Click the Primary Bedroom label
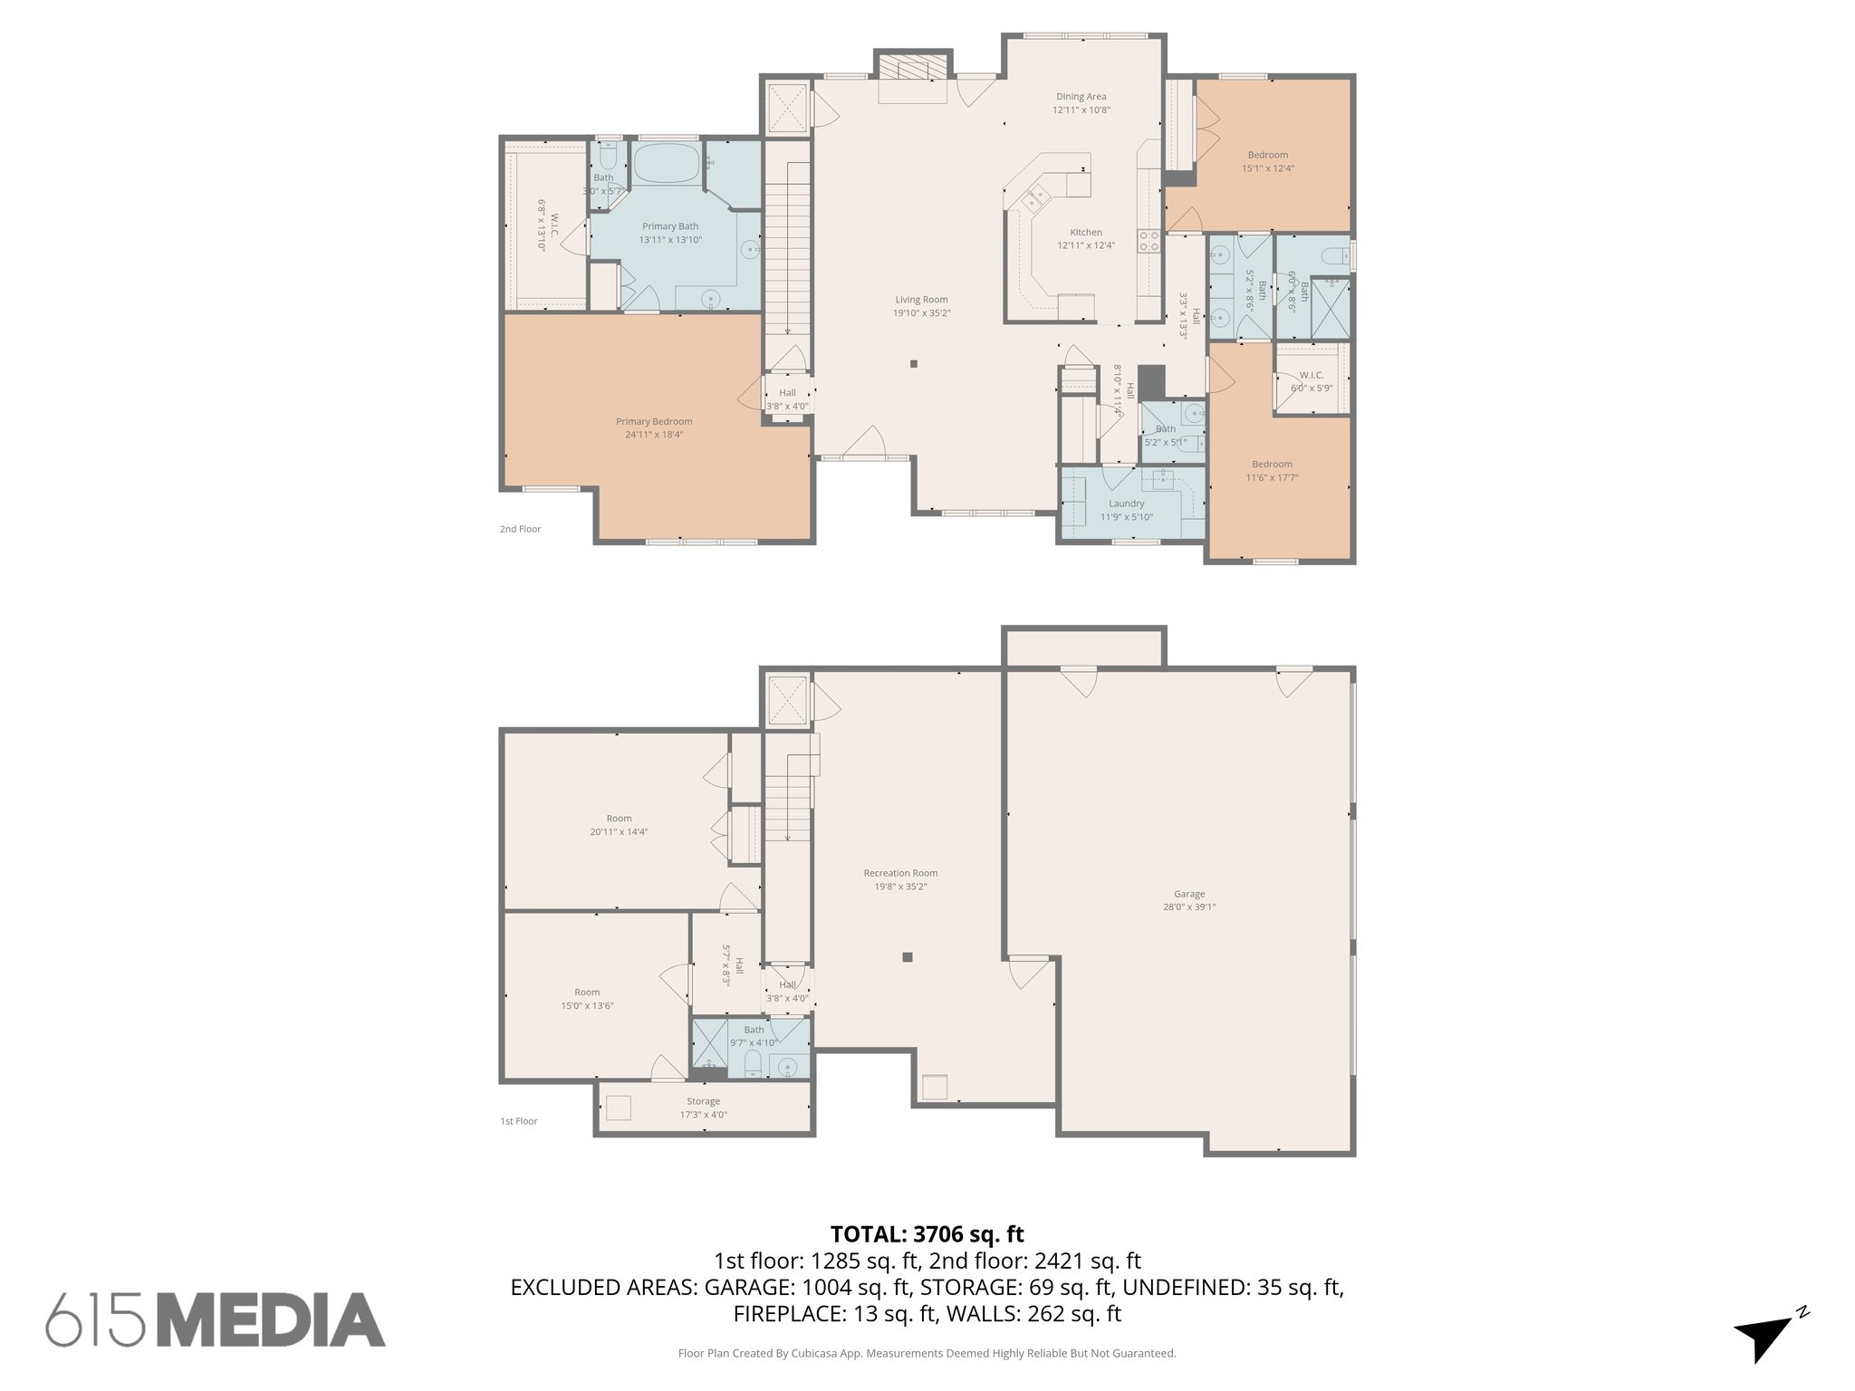click(x=654, y=421)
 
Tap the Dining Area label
click(x=1081, y=97)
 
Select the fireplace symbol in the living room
click(x=913, y=68)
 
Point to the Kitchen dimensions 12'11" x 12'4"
click(x=1086, y=245)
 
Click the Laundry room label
click(x=1126, y=504)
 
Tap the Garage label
click(x=1189, y=894)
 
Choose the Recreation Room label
click(x=900, y=873)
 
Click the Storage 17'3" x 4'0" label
click(x=703, y=1108)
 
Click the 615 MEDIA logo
click(x=216, y=1319)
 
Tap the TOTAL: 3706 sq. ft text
click(x=927, y=1233)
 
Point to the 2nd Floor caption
click(x=520, y=529)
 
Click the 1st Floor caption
click(x=519, y=1121)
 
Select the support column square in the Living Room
click(x=913, y=364)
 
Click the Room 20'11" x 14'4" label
click(x=619, y=825)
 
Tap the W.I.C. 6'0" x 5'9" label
click(x=1311, y=381)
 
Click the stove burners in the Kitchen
click(x=1149, y=241)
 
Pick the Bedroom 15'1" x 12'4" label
click(x=1267, y=161)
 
